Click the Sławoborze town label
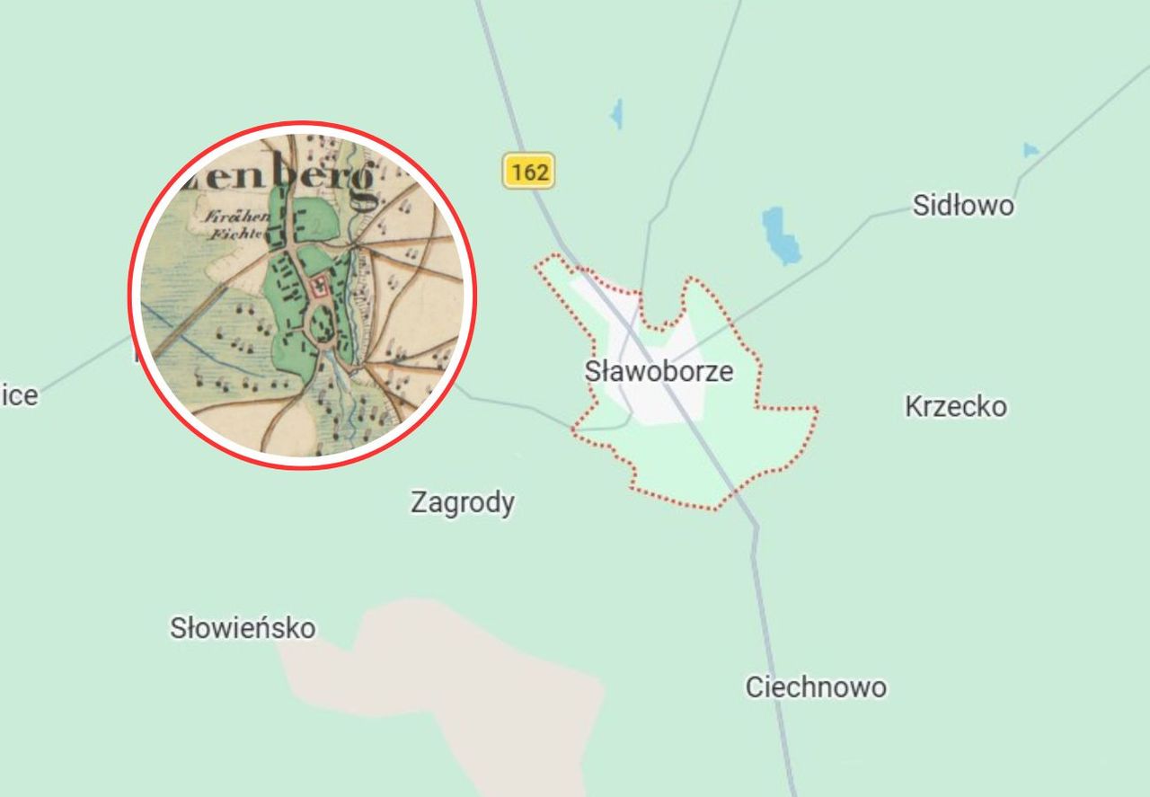[659, 371]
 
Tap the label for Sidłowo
[962, 206]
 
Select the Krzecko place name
[955, 407]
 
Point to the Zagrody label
[462, 502]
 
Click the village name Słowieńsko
[243, 627]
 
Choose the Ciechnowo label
[816, 687]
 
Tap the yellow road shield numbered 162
[528, 171]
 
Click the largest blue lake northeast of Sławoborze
[780, 235]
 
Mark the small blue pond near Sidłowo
[1031, 150]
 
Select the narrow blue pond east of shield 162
[616, 114]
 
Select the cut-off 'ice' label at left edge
[19, 395]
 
